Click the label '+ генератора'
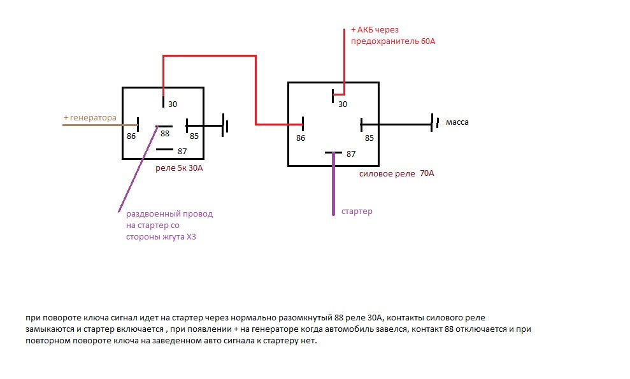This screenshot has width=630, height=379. (x=90, y=118)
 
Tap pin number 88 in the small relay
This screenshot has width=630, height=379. (x=165, y=134)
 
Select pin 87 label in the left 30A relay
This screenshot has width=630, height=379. (x=182, y=151)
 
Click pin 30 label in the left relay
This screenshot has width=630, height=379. (x=173, y=104)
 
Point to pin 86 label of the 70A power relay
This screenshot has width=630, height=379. (x=301, y=138)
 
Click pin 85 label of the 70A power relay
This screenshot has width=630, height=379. (x=369, y=138)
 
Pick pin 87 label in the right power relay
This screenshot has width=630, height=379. (x=350, y=154)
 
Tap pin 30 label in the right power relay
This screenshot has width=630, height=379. (x=342, y=104)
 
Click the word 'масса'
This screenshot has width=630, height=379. (x=457, y=122)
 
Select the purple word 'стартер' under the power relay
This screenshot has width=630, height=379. (x=357, y=211)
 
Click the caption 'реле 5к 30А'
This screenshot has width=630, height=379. (x=183, y=168)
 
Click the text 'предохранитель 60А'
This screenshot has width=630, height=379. (x=393, y=41)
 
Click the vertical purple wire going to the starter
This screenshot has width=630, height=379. (x=333, y=185)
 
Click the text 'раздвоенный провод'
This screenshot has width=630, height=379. (x=169, y=214)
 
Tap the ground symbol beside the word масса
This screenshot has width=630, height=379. (x=434, y=122)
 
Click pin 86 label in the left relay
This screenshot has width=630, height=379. (x=131, y=136)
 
